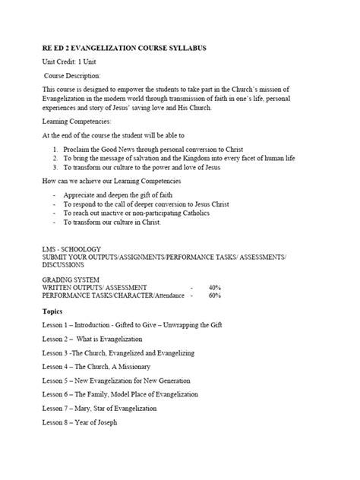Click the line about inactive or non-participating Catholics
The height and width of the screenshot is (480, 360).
[x=137, y=213]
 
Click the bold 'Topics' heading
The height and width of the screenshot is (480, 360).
[x=52, y=311]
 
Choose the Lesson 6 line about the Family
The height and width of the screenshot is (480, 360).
[x=119, y=394]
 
